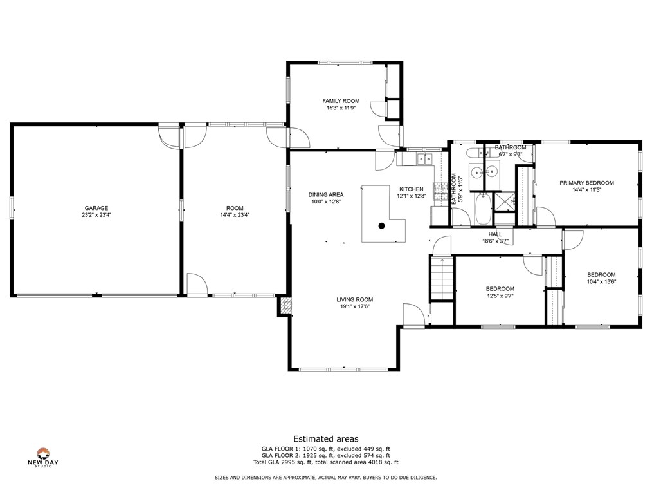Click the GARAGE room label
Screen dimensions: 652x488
96,208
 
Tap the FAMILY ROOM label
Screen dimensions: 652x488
341,101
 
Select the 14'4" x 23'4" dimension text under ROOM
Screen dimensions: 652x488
235,215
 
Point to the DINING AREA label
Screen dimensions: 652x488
326,195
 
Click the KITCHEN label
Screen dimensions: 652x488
412,189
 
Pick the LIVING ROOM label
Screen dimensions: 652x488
355,299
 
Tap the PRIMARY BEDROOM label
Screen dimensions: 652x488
586,183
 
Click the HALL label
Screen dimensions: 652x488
495,234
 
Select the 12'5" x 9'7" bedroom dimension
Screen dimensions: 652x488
500,296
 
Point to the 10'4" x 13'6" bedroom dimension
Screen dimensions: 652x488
601,281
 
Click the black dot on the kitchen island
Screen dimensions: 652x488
381,226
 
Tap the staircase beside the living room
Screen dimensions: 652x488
442,278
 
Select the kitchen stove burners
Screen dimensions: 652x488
440,191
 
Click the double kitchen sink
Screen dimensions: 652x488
425,159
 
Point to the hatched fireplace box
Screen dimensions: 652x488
286,306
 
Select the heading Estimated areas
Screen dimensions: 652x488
326,439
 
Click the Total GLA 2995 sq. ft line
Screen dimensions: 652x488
326,462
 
